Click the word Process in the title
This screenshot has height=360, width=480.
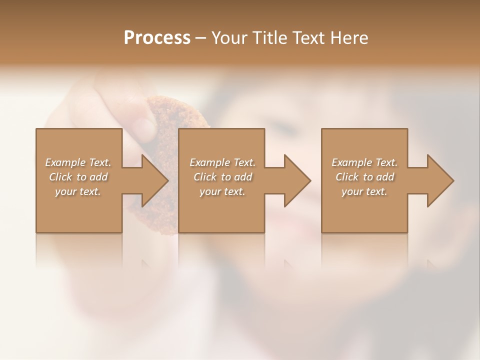click(x=157, y=38)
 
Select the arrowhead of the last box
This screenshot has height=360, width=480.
click(x=439, y=180)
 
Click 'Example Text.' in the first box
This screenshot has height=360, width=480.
click(x=78, y=162)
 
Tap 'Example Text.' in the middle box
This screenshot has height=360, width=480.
click(x=222, y=162)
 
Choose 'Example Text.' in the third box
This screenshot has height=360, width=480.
click(x=364, y=162)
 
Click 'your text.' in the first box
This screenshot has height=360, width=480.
click(x=78, y=191)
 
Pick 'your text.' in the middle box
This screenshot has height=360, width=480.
click(x=222, y=191)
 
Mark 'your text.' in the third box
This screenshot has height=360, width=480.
click(x=364, y=191)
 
